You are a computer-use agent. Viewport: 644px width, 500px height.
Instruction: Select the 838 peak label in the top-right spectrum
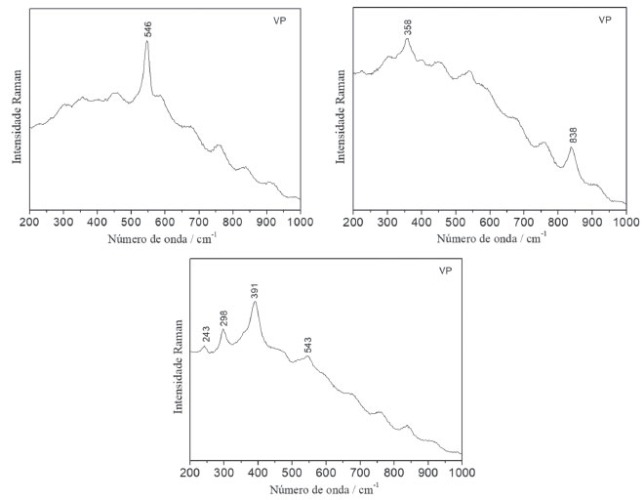click(x=573, y=135)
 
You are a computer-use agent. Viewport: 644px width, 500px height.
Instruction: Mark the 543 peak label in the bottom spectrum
click(x=308, y=345)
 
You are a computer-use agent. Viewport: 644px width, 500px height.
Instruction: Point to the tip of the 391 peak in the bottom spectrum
click(x=256, y=302)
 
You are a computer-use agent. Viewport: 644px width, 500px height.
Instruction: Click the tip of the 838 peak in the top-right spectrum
click(x=572, y=147)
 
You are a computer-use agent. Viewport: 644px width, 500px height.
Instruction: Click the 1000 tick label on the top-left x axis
click(x=300, y=222)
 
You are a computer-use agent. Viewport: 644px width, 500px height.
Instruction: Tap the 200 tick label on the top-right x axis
click(x=354, y=222)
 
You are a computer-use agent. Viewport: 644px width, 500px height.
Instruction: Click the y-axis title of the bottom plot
click(x=179, y=362)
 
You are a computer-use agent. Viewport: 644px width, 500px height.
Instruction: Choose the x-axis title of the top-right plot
click(x=489, y=238)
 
